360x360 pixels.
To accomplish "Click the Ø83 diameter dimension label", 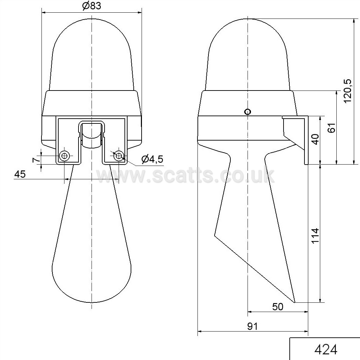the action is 92,6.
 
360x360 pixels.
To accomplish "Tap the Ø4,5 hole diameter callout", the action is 152,159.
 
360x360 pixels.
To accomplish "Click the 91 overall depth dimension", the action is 252,326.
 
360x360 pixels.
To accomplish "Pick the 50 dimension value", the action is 278,307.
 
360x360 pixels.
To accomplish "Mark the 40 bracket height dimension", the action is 315,139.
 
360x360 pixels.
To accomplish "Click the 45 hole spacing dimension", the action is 20,174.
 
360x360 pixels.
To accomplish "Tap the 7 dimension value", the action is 36,160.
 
